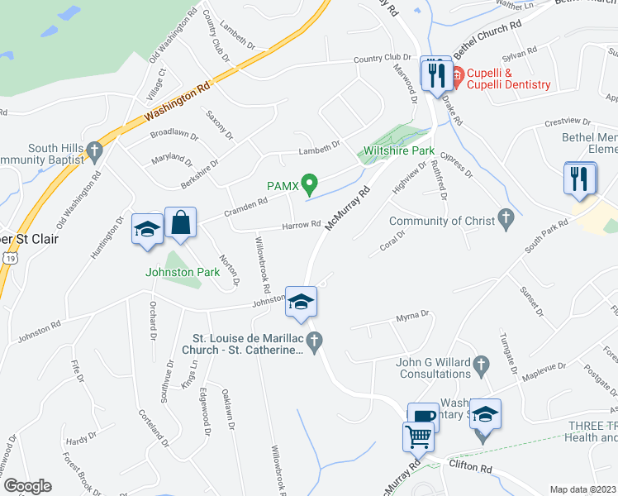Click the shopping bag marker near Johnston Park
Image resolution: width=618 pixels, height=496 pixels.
(x=180, y=223)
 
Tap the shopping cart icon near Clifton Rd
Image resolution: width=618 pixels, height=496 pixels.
(x=419, y=436)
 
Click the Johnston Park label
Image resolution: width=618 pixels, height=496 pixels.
(x=182, y=272)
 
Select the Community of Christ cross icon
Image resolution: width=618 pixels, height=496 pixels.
(x=506, y=220)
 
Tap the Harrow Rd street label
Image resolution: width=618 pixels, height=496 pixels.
(x=301, y=225)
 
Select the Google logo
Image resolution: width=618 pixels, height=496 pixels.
(x=27, y=486)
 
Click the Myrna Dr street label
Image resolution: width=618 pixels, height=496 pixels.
(x=413, y=315)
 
